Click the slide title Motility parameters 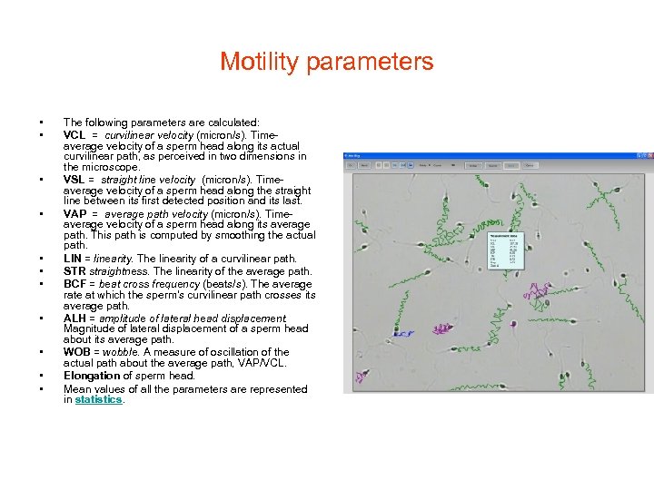[x=326, y=63]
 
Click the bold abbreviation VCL [x=74, y=134]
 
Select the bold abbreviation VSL [x=74, y=180]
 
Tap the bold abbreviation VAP [x=75, y=214]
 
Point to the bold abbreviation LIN [x=73, y=260]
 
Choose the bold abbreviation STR [x=74, y=271]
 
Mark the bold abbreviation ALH [x=74, y=318]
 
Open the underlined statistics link [x=98, y=399]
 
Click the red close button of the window [x=648, y=156]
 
